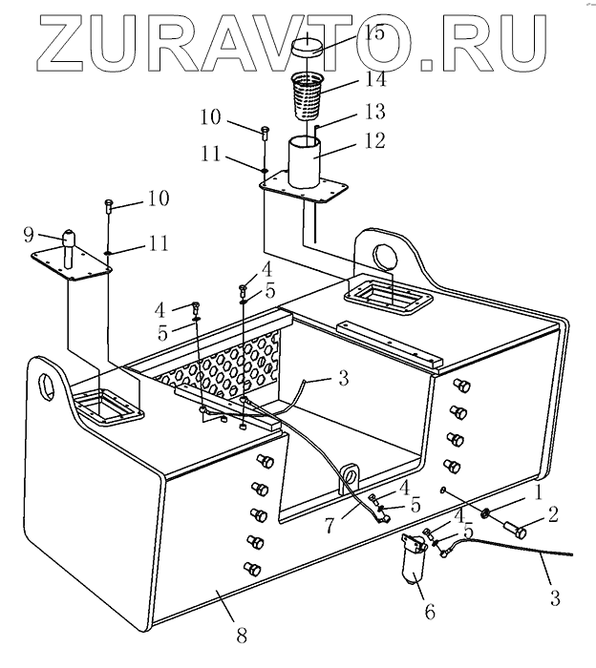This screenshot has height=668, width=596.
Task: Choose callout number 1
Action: pos(538,494)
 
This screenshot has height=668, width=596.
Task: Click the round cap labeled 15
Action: pos(310,47)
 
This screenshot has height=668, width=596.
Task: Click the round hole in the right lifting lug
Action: pos(387,255)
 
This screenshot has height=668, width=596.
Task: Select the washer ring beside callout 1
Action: pos(488,516)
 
